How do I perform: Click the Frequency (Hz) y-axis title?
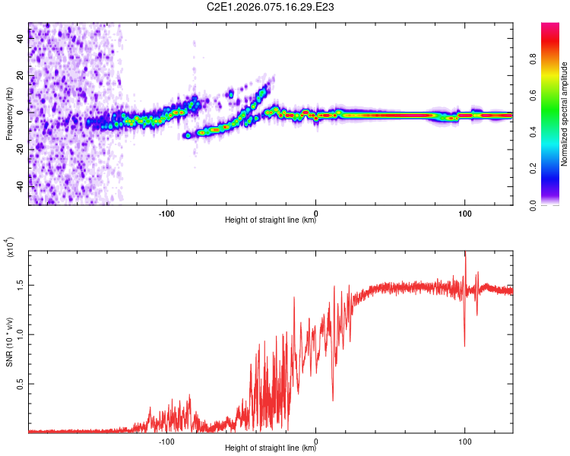9,113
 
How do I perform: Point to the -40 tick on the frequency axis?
19,186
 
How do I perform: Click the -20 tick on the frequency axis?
19,150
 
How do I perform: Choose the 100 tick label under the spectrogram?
464,213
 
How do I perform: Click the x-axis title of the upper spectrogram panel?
271,220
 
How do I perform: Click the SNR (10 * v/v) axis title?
9,334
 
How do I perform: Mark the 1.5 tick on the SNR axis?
21,286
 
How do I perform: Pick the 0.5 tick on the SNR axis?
21,385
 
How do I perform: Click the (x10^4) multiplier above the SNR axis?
11,248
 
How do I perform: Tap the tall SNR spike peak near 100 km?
464,252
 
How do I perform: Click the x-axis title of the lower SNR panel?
271,448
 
